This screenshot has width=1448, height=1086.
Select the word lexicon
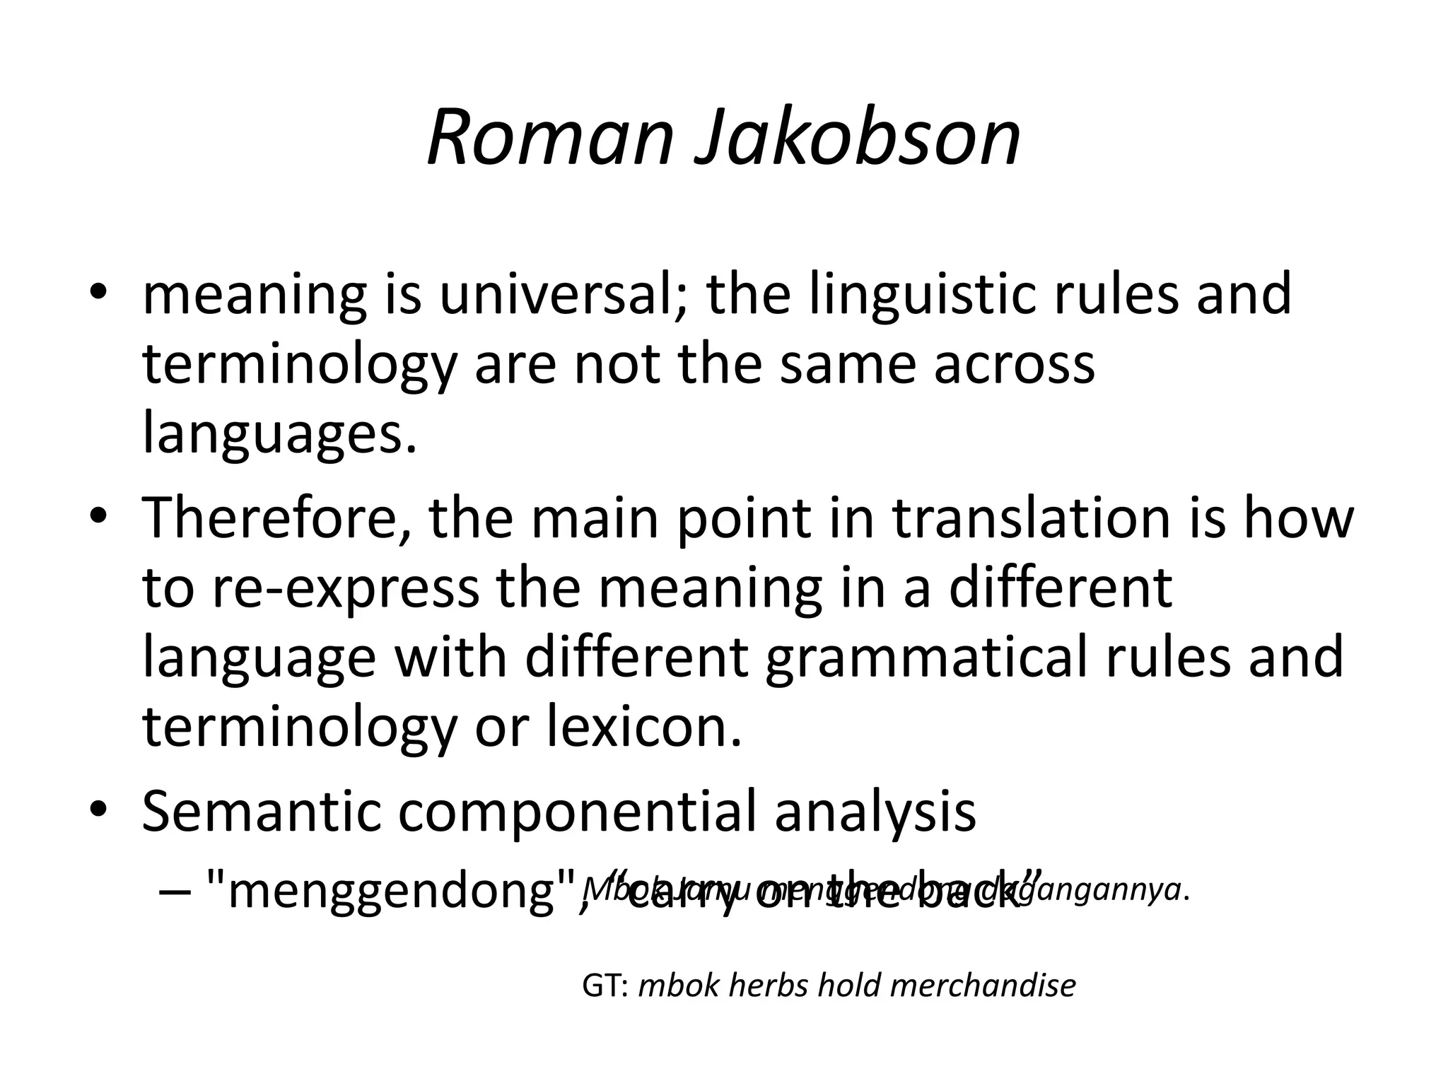tap(643, 725)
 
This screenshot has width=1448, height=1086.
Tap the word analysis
tap(875, 811)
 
